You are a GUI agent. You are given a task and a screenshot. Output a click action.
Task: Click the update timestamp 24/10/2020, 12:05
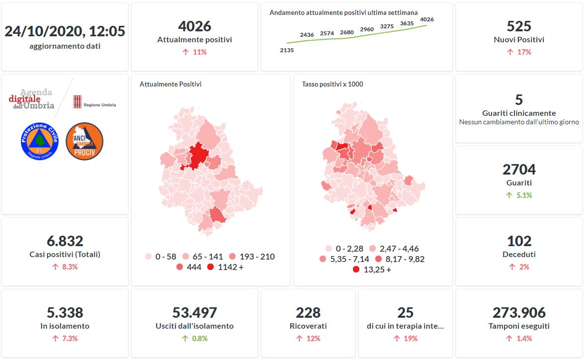click(65, 31)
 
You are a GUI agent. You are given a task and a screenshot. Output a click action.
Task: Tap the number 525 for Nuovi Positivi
click(519, 26)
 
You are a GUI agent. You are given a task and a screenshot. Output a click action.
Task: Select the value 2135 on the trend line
click(287, 50)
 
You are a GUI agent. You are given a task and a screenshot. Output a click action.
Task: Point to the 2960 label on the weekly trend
click(367, 30)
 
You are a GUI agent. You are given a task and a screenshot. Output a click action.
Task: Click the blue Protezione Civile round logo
click(40, 141)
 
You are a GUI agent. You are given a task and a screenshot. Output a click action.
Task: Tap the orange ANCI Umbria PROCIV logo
click(84, 141)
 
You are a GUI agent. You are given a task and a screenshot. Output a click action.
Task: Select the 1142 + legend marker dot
click(211, 268)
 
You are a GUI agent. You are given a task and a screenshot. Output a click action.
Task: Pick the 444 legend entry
click(188, 268)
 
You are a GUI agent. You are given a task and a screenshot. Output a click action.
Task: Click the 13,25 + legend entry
click(372, 270)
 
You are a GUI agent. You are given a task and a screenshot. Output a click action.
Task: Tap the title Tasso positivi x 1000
click(333, 85)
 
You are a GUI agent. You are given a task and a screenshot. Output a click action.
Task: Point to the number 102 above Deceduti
click(519, 241)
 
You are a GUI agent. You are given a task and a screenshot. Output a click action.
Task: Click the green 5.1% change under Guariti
click(519, 195)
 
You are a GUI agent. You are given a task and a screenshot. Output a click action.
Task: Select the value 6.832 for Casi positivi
click(65, 241)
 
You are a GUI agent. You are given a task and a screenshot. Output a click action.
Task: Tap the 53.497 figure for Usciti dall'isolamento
click(194, 313)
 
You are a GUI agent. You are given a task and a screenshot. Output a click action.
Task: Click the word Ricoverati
click(308, 326)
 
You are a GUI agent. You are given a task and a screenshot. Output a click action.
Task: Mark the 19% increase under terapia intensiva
click(406, 339)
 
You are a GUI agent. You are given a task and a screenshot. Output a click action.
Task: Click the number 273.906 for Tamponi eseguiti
click(519, 313)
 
